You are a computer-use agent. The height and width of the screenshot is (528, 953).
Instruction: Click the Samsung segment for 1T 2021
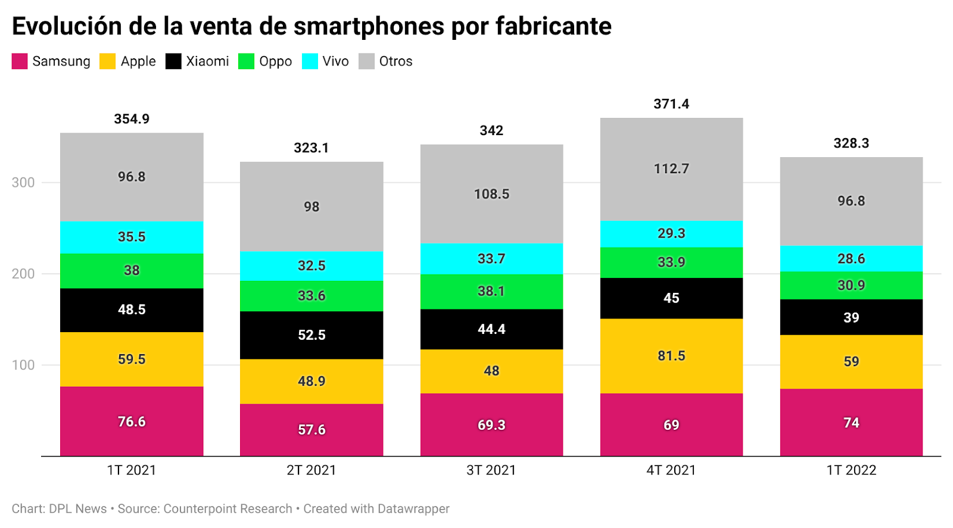132,421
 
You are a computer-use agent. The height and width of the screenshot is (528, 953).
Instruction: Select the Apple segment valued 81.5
671,355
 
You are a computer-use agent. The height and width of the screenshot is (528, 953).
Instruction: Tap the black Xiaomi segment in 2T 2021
312,335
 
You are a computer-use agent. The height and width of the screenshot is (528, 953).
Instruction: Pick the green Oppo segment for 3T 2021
491,291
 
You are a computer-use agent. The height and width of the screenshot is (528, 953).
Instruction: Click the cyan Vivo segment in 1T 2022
851,258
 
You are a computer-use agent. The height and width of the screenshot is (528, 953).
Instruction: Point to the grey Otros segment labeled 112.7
671,169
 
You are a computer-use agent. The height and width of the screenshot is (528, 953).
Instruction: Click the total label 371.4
671,104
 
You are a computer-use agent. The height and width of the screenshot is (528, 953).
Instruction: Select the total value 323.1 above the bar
312,148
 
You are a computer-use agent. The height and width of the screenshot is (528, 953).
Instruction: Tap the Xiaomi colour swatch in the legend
173,61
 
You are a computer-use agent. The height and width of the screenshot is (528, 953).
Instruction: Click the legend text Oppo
275,61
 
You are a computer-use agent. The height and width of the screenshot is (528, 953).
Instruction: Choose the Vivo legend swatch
310,61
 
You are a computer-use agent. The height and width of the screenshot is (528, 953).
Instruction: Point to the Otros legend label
395,61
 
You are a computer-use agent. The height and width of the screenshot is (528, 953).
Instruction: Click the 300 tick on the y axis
23,183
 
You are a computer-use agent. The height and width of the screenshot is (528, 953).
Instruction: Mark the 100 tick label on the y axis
23,365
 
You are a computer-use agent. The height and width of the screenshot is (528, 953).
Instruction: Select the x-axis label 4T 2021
671,470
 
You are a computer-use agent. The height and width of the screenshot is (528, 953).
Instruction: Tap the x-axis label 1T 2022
851,470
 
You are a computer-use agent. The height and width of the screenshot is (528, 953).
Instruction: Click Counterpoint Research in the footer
228,509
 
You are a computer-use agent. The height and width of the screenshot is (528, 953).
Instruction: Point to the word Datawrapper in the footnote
413,509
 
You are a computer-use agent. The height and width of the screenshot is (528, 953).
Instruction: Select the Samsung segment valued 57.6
312,429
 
